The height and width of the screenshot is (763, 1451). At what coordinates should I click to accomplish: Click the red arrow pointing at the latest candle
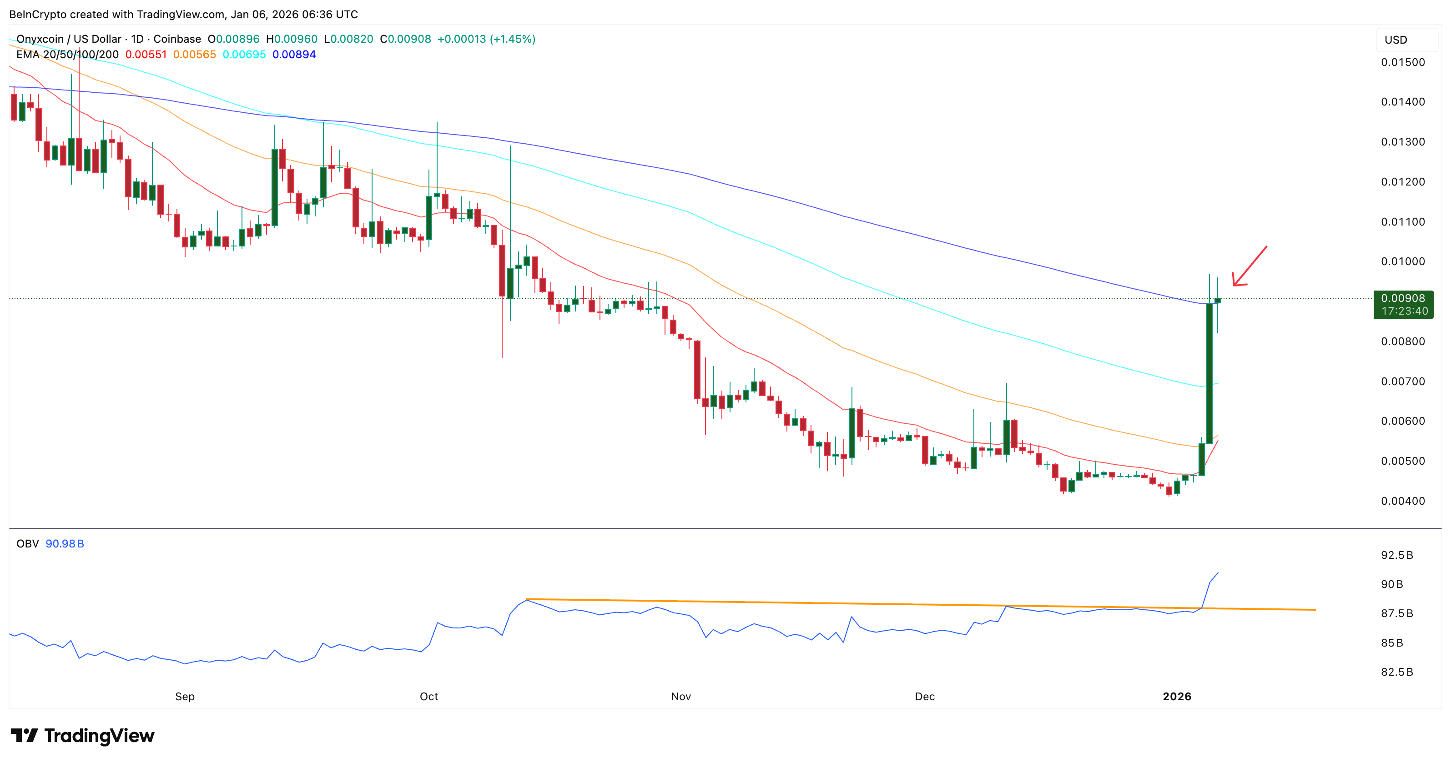[1249, 266]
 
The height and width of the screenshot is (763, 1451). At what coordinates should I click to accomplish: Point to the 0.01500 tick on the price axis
[1403, 62]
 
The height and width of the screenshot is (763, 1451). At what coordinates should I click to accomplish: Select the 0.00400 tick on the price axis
[1403, 501]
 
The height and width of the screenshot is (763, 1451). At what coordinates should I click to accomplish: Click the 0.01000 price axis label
[1403, 261]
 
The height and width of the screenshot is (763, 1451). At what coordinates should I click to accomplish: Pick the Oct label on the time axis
[428, 697]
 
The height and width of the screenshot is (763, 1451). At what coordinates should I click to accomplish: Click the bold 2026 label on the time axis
[1177, 697]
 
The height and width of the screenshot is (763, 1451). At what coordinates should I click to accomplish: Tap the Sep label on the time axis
[185, 697]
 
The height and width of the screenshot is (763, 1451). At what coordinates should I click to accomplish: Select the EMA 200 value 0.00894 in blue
[294, 55]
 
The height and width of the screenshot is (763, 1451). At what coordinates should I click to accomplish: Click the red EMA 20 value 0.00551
[146, 55]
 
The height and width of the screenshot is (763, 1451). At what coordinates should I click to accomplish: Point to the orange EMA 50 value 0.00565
[194, 55]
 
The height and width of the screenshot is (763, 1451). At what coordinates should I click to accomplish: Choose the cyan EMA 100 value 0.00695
[244, 55]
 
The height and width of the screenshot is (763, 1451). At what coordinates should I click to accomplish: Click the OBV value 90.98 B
[65, 544]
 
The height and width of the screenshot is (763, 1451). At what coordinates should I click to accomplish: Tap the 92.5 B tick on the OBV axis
[1396, 555]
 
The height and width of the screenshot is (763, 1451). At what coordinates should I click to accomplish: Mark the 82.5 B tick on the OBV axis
[1396, 672]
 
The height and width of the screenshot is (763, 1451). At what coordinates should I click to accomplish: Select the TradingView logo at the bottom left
[82, 735]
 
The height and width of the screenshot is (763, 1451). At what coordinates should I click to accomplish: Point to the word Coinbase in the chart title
[177, 39]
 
